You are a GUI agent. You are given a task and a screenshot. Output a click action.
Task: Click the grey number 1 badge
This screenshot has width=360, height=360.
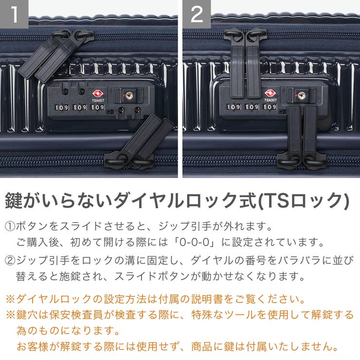14,14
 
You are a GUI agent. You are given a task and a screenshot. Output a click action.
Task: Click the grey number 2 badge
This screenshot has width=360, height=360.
197,14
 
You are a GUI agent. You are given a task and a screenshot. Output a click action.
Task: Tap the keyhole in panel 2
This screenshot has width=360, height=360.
302,95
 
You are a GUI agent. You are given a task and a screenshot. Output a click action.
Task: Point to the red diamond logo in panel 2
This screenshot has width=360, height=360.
270,93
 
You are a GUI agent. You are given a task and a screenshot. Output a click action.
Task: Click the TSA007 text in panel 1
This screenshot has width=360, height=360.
97,101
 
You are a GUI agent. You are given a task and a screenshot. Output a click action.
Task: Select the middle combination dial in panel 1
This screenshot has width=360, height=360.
79,107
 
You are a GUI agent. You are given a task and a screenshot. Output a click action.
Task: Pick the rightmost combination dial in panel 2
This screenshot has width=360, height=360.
270,107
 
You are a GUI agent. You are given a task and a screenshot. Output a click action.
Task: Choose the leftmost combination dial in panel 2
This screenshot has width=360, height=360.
234,107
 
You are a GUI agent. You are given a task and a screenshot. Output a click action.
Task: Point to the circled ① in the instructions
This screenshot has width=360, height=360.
10,227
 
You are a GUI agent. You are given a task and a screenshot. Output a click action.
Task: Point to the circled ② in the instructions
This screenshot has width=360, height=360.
10,260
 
